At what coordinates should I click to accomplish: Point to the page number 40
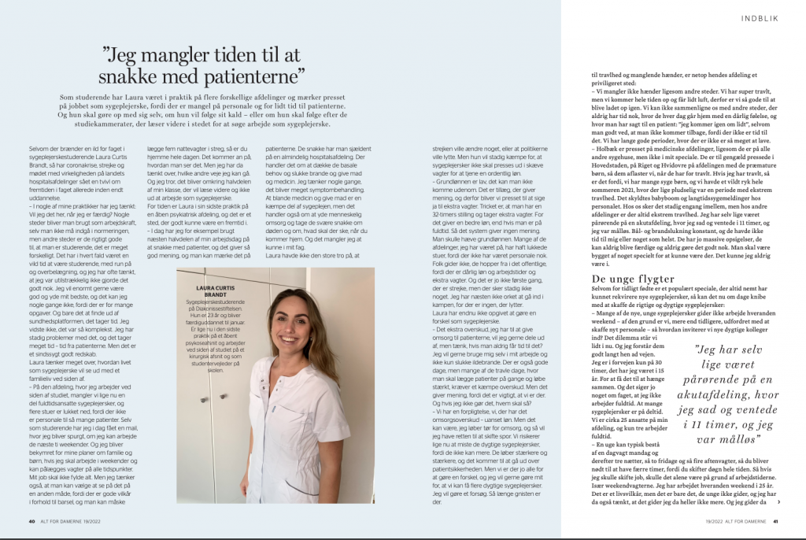(32, 520)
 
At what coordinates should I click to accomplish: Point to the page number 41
(775, 520)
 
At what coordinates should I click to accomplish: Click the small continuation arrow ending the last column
(778, 501)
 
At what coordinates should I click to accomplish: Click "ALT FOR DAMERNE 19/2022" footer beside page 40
(72, 520)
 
